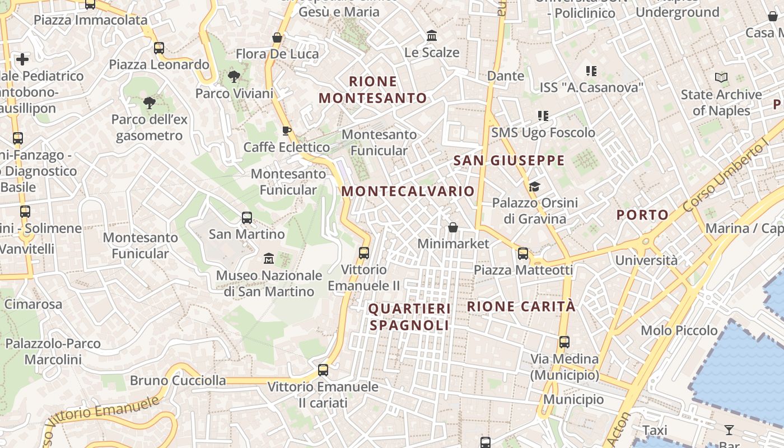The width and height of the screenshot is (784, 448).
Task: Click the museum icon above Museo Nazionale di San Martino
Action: (x=269, y=258)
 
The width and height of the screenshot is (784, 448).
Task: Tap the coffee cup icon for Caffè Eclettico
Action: (x=287, y=131)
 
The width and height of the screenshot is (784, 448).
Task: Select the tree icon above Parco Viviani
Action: (x=234, y=77)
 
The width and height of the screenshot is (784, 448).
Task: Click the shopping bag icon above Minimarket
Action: (x=453, y=227)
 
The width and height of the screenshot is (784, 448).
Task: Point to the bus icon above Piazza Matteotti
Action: (x=523, y=254)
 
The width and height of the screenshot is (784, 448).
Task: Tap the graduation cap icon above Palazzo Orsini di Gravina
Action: (x=534, y=186)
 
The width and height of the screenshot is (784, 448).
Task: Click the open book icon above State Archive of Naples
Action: (x=721, y=78)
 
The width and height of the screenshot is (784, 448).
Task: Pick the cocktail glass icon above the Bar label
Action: (x=729, y=430)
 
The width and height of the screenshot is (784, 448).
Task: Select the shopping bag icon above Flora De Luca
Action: (x=277, y=38)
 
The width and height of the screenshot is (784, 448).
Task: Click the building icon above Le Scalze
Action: (x=432, y=36)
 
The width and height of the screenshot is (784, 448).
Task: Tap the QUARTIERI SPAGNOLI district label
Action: (x=409, y=317)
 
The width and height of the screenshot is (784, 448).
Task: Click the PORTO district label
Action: (x=642, y=214)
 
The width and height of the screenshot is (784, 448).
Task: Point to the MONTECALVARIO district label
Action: (x=408, y=191)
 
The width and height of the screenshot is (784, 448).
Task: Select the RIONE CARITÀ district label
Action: (x=521, y=306)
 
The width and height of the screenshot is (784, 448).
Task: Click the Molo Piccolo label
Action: (x=679, y=330)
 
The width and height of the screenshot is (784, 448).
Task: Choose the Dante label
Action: (x=506, y=76)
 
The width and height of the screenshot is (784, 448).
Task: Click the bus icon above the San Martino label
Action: (x=247, y=218)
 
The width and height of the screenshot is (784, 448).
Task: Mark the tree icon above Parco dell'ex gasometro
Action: (x=149, y=103)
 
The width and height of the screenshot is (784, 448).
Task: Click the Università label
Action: (x=646, y=260)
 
